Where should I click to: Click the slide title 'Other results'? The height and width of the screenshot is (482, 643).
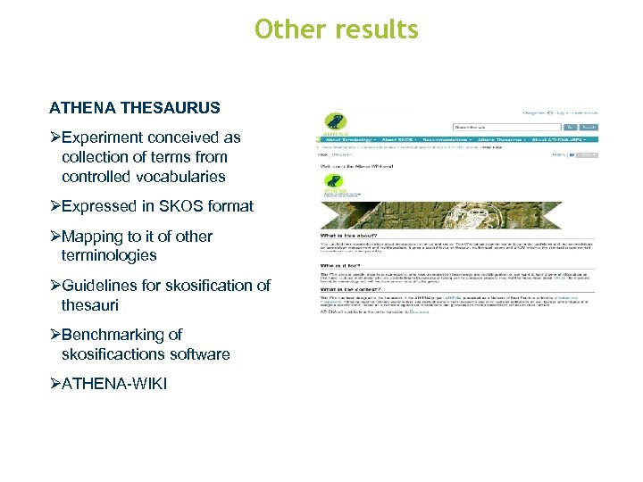click(336, 29)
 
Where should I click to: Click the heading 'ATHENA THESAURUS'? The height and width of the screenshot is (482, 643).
click(134, 108)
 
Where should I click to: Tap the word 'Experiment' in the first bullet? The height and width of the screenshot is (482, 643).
click(100, 137)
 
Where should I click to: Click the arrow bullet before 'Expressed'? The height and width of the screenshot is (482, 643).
click(54, 206)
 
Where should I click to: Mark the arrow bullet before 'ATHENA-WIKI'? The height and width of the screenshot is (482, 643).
click(54, 385)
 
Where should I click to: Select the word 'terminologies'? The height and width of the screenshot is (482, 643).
click(109, 255)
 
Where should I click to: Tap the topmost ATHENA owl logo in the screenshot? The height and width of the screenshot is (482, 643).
click(336, 122)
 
